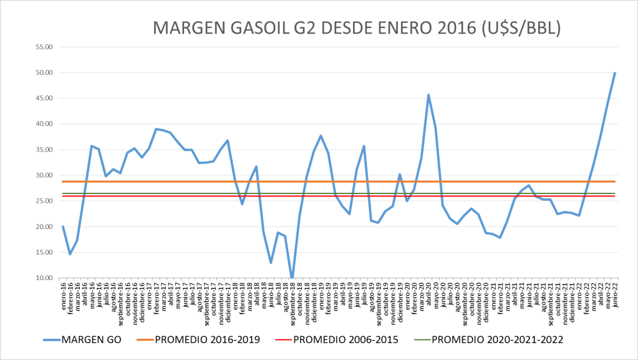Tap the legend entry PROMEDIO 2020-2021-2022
(x=497, y=340)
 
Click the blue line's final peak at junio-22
(x=615, y=73)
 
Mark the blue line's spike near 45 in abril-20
(x=428, y=95)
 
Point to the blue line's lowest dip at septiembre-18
(x=292, y=278)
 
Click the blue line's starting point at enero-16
(x=63, y=226)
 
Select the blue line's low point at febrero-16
(x=70, y=254)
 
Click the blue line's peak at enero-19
(x=321, y=136)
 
